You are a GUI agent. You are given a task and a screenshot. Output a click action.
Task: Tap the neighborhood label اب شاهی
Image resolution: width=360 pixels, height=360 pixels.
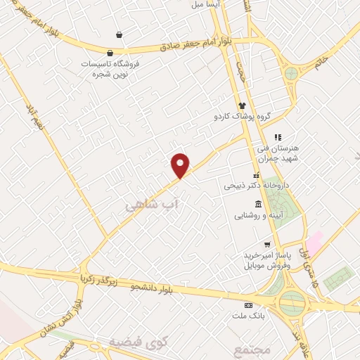coord(153,205)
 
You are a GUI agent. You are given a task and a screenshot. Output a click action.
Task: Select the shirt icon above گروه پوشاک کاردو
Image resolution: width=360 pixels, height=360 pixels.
coord(242,105)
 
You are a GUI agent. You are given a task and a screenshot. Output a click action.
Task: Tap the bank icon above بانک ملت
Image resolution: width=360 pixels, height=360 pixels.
coord(247,306)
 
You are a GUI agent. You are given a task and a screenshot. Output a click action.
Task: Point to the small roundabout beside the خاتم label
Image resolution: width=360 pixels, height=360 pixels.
coord(290,73)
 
